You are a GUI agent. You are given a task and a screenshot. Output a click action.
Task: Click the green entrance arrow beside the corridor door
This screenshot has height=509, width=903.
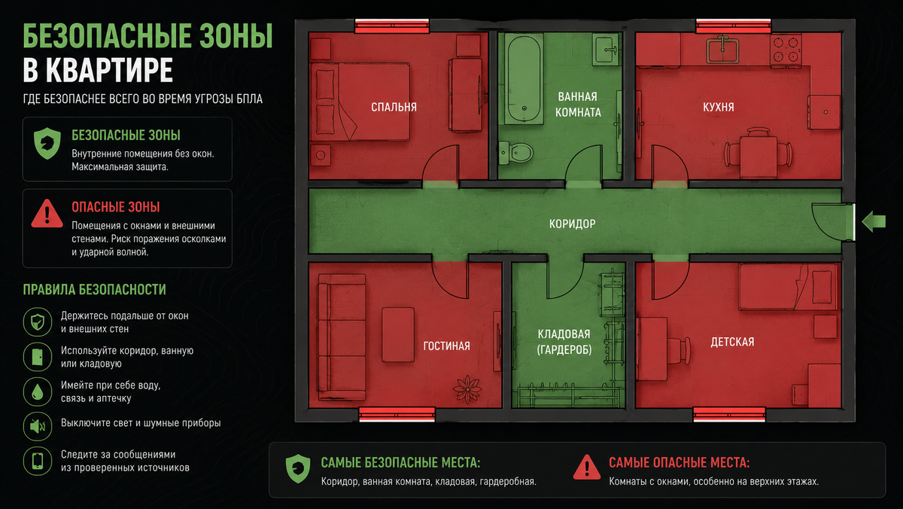coord(874,221)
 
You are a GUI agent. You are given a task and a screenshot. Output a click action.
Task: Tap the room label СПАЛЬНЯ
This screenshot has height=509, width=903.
coord(394,107)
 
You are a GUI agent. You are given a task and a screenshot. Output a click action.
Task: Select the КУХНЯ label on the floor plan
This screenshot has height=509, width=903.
coord(719,107)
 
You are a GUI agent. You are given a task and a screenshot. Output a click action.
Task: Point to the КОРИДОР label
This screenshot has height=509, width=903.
coord(573,224)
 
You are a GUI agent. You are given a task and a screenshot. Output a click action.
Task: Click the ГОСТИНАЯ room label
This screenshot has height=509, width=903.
coord(447,346)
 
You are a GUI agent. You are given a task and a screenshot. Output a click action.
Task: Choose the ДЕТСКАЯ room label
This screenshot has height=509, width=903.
coord(732,342)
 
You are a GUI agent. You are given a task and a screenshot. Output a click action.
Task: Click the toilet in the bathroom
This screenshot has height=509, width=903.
coord(515,152)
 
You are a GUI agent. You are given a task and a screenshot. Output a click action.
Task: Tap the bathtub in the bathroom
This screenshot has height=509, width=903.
coord(524,78)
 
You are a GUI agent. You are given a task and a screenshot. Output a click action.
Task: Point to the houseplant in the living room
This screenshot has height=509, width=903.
coord(467,389)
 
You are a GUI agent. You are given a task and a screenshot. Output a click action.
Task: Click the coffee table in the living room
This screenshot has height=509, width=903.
coord(398,334)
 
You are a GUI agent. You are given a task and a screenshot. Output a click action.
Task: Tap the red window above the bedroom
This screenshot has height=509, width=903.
coord(392,26)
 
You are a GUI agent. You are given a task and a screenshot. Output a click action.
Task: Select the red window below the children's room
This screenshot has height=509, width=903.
coord(729,414)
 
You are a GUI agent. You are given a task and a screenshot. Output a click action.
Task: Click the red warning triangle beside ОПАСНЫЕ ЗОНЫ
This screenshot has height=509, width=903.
coord(47,213)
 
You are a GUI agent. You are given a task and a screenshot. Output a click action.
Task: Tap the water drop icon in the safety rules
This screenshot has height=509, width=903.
coord(38,392)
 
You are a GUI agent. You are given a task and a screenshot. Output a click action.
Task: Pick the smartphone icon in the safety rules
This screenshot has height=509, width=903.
coord(38,461)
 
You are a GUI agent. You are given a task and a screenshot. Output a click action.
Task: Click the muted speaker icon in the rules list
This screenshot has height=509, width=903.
coord(38,426)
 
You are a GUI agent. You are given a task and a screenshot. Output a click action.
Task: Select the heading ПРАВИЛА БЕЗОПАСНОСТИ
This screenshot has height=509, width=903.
coord(94,290)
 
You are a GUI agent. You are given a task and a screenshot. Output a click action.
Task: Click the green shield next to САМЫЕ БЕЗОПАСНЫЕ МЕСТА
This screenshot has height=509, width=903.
coord(298,468)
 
